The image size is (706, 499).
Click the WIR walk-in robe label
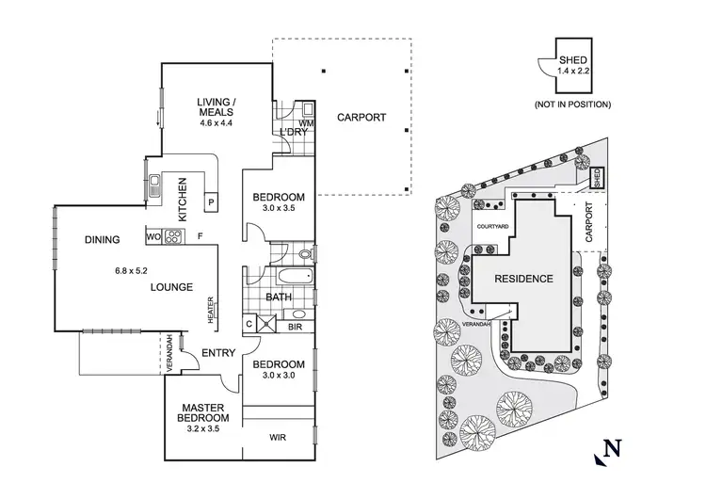tap(279, 437)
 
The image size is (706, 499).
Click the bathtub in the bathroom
tap(291, 279)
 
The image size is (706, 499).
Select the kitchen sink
tap(153, 185)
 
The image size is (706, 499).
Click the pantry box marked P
tap(210, 201)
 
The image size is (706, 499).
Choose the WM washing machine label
tap(305, 122)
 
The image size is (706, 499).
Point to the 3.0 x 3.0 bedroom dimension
tap(279, 378)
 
